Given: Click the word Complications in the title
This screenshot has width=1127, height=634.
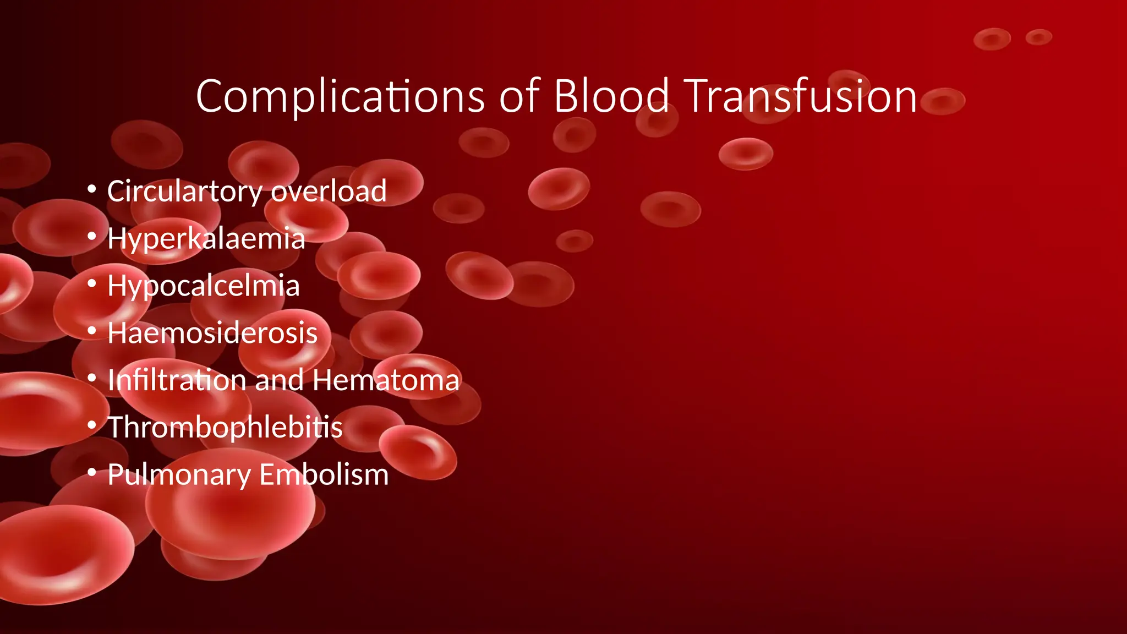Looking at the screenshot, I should [x=340, y=97].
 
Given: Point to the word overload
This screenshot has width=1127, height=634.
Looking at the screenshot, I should [x=329, y=191].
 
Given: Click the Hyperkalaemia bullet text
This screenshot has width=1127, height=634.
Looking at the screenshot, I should [x=206, y=239].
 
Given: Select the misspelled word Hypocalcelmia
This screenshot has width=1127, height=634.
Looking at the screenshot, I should [x=204, y=286].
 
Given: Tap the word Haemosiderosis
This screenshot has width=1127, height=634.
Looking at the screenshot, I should [x=212, y=333].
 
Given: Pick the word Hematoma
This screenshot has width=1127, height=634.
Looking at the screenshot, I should [x=386, y=380].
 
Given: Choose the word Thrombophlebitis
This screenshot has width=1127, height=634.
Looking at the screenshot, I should [x=225, y=428].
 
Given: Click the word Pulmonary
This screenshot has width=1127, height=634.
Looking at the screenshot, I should [x=179, y=475].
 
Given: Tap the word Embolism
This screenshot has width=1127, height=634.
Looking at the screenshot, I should [x=324, y=474].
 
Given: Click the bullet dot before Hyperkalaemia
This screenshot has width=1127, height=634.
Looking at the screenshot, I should [x=92, y=237].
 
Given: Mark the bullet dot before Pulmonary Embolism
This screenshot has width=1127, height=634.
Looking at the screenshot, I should [x=92, y=472].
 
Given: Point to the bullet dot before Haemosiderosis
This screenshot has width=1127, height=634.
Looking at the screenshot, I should [x=92, y=331].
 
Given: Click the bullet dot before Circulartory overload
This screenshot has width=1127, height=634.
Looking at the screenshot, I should [x=92, y=189].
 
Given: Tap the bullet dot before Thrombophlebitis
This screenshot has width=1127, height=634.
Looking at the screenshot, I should [x=92, y=425].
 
